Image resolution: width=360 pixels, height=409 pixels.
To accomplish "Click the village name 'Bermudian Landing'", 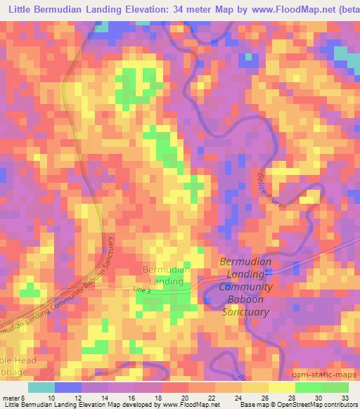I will click(x=167, y=275).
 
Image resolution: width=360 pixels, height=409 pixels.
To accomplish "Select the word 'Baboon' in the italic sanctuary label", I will click(x=245, y=299).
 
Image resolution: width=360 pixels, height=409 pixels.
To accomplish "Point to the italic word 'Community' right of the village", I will click(x=245, y=287).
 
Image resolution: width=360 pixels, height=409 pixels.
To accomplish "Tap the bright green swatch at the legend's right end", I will click(x=335, y=387).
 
